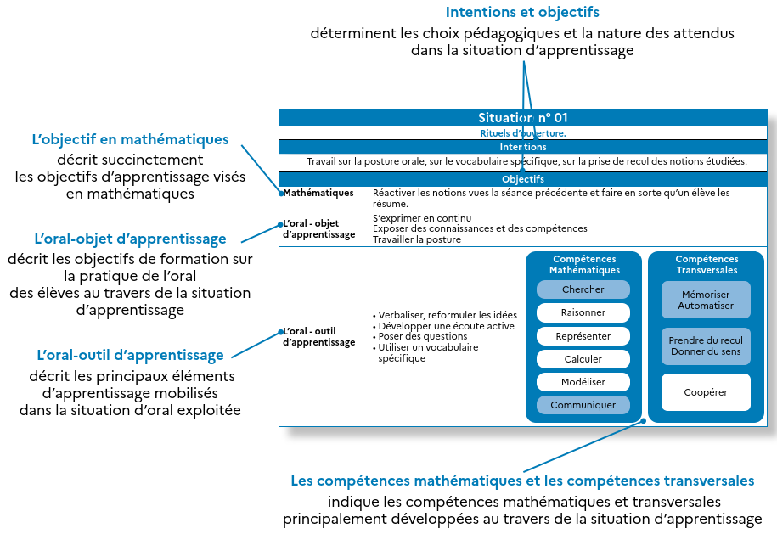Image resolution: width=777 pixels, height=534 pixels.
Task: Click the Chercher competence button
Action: coord(583,289)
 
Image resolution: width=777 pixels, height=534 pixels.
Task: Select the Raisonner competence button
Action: coord(583,312)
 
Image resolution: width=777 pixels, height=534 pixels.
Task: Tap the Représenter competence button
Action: coord(583,336)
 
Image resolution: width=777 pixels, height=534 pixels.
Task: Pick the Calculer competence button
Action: coord(583,359)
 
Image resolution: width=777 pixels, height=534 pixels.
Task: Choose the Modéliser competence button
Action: coord(583,382)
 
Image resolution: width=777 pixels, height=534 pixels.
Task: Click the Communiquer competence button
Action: coord(583,405)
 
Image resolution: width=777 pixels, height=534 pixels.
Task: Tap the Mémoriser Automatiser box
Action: coord(706,300)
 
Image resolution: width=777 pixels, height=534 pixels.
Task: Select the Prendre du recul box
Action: coord(706,346)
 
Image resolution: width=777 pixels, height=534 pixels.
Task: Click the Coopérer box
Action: coord(706,392)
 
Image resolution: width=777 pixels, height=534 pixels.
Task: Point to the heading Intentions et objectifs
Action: coord(522,13)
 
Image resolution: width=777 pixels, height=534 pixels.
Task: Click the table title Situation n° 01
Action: coord(523,118)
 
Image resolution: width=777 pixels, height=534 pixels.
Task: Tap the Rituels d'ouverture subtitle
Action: coord(523,133)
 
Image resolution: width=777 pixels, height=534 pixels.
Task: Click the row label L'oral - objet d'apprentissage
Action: coord(318,229)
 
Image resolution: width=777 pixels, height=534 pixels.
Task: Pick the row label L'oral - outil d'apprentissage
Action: coord(318,337)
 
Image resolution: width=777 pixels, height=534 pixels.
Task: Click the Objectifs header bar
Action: coord(523,179)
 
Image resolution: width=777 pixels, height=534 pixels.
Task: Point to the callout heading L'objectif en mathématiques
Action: coord(130,139)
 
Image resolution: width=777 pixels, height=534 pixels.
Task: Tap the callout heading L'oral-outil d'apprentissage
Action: coord(130,355)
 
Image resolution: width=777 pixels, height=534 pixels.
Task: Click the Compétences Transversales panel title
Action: coord(707,265)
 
